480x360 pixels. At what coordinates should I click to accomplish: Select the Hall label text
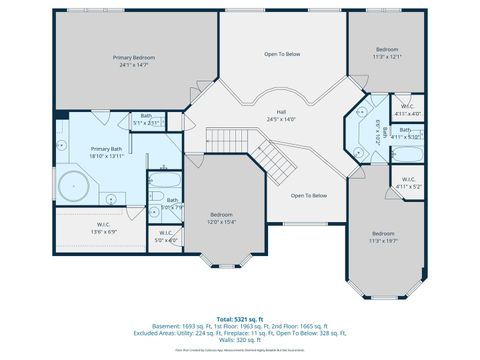282,112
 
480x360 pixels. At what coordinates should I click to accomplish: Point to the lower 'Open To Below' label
309,195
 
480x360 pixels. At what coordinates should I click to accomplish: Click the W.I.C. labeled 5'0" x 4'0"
166,236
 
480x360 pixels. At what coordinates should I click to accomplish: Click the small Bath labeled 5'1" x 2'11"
148,119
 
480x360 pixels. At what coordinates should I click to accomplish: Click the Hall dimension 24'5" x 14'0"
282,119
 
